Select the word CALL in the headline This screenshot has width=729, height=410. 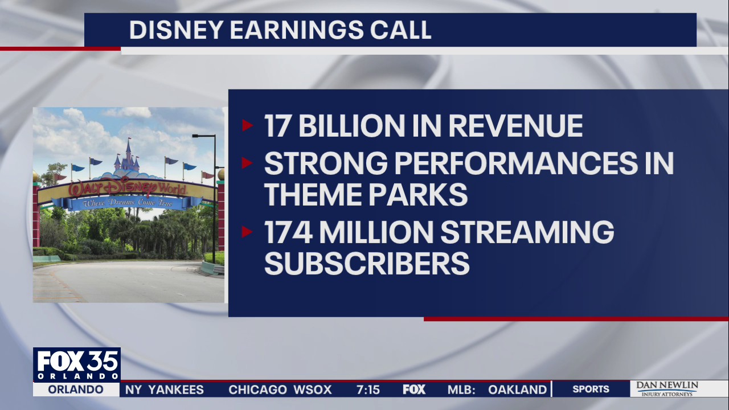[x=401, y=30]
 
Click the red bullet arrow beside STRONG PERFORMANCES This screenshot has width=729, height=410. [x=247, y=163]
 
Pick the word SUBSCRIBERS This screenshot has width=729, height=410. [x=367, y=264]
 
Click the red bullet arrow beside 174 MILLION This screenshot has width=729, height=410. [x=247, y=232]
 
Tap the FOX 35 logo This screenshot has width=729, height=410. [x=76, y=364]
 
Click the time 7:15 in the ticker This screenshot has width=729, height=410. [x=368, y=389]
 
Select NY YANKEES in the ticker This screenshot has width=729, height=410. [x=165, y=389]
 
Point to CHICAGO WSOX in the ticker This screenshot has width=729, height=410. [x=280, y=389]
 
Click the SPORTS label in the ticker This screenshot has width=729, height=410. [x=591, y=389]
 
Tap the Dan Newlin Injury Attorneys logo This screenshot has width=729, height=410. [x=666, y=389]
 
